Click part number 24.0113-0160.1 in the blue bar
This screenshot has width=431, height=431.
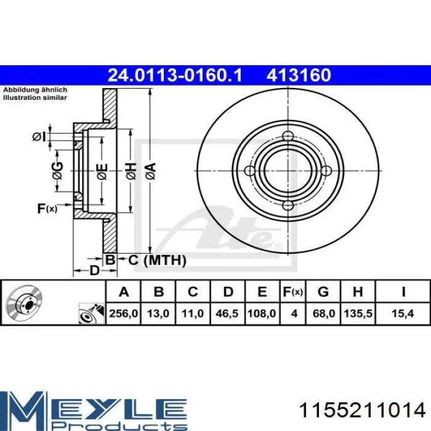pyautogui.click(x=175, y=75)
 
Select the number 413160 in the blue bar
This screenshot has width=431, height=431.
pyautogui.click(x=299, y=75)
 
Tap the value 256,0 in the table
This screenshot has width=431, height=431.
pyautogui.click(x=123, y=313)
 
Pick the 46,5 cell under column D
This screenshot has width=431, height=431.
pyautogui.click(x=227, y=313)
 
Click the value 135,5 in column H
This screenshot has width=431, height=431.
pyautogui.click(x=358, y=313)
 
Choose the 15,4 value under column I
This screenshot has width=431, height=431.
pyautogui.click(x=403, y=313)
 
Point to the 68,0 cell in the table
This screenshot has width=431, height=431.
pyautogui.click(x=323, y=313)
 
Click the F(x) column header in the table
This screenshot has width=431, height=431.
pyautogui.click(x=293, y=292)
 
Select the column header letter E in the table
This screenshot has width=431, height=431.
pyautogui.click(x=262, y=292)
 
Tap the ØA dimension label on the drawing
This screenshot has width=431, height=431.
pyautogui.click(x=151, y=171)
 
